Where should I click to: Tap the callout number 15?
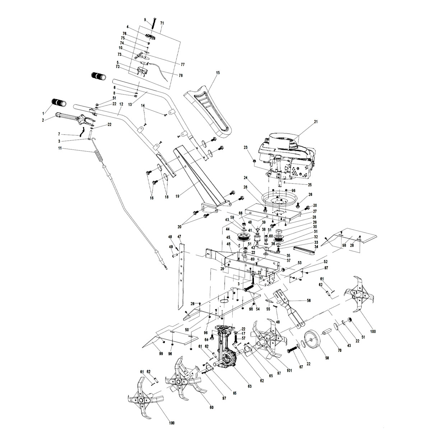[x=218, y=73]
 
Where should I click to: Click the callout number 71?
[x=162, y=23]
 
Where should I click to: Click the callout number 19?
[x=177, y=196]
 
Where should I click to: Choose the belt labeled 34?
[x=303, y=249]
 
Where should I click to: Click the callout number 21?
[x=316, y=122]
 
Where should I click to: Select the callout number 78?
[x=180, y=75]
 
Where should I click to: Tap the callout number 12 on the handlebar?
[x=121, y=104]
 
